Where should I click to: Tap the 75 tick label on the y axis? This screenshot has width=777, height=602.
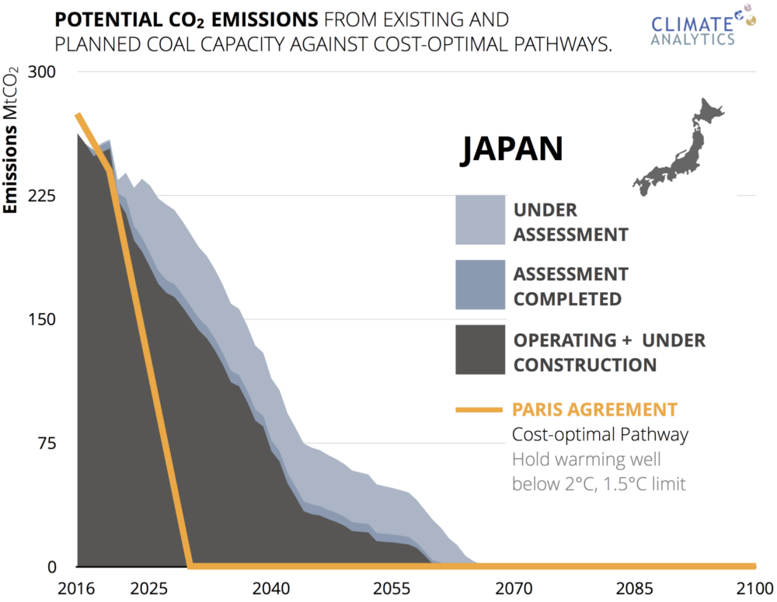[x=45, y=444]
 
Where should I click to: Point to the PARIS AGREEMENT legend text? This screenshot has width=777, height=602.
[x=594, y=409]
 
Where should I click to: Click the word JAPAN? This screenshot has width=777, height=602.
[x=510, y=150]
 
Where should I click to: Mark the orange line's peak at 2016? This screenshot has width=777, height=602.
[x=77, y=115]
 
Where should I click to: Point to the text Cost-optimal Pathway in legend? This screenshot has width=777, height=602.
[x=600, y=434]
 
